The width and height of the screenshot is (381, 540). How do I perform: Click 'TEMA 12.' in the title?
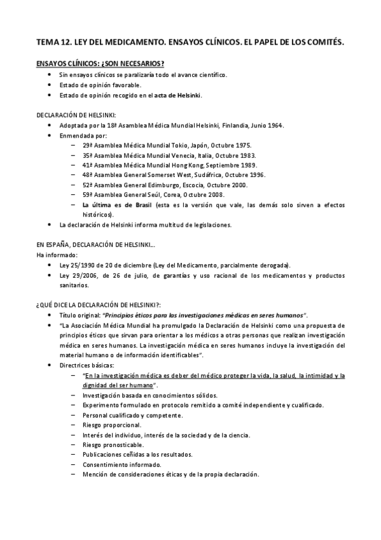tap(53, 43)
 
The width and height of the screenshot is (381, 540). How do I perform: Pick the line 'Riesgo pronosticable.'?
tap(113, 444)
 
